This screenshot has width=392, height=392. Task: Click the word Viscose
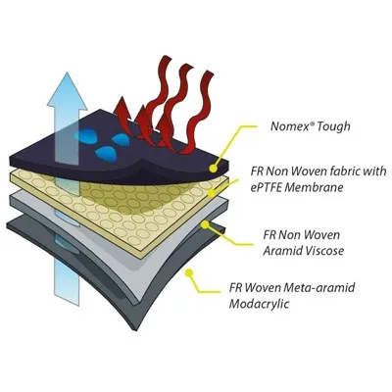click(323, 251)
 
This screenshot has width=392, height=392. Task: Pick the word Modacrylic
click(259, 304)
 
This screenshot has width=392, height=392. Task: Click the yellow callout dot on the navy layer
click(213, 169)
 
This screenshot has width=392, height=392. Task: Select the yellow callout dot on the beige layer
click(212, 194)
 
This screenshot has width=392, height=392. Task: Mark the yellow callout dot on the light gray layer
click(206, 224)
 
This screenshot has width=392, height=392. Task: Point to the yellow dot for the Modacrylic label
click(189, 273)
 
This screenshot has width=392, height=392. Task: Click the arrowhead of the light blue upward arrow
click(68, 89)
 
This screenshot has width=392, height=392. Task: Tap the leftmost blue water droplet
click(83, 133)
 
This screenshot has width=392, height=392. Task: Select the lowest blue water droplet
click(105, 152)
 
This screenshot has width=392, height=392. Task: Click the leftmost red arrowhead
click(122, 107)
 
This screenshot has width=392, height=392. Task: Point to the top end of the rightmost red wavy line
click(209, 74)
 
